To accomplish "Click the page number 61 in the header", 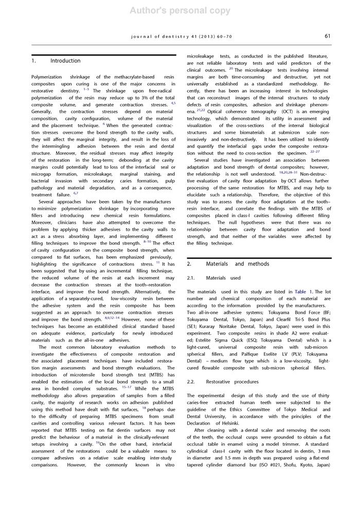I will pyautogui.click(x=327, y=36).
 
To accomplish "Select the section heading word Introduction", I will pyautogui.click(x=65, y=61).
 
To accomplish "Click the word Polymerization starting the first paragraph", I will pyautogui.click(x=47, y=76).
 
